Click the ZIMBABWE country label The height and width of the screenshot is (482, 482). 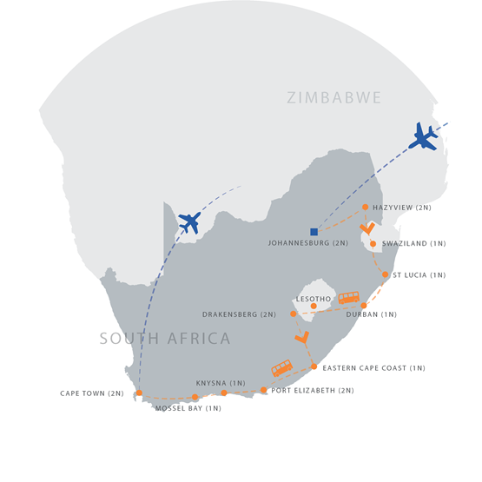(x=334, y=98)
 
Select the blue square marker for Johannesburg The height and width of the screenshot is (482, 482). (x=314, y=231)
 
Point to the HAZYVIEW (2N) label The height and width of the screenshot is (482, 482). (x=401, y=208)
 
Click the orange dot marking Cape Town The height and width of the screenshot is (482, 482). (x=139, y=393)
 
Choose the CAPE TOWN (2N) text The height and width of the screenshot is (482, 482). (x=92, y=393)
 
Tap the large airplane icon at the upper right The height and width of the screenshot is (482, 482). (x=425, y=136)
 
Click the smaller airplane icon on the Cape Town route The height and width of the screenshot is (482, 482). (x=189, y=222)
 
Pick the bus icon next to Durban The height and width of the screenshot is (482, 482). (x=348, y=298)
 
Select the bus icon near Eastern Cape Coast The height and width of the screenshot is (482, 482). (x=281, y=368)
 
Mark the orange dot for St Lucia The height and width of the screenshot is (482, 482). (x=386, y=274)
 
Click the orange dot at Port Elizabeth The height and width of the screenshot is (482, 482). (x=264, y=390)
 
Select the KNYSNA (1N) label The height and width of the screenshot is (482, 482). (x=221, y=383)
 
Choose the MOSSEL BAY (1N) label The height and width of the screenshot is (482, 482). (x=188, y=408)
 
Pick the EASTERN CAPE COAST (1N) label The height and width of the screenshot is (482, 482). (x=373, y=368)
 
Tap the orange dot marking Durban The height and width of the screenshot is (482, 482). (x=364, y=305)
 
